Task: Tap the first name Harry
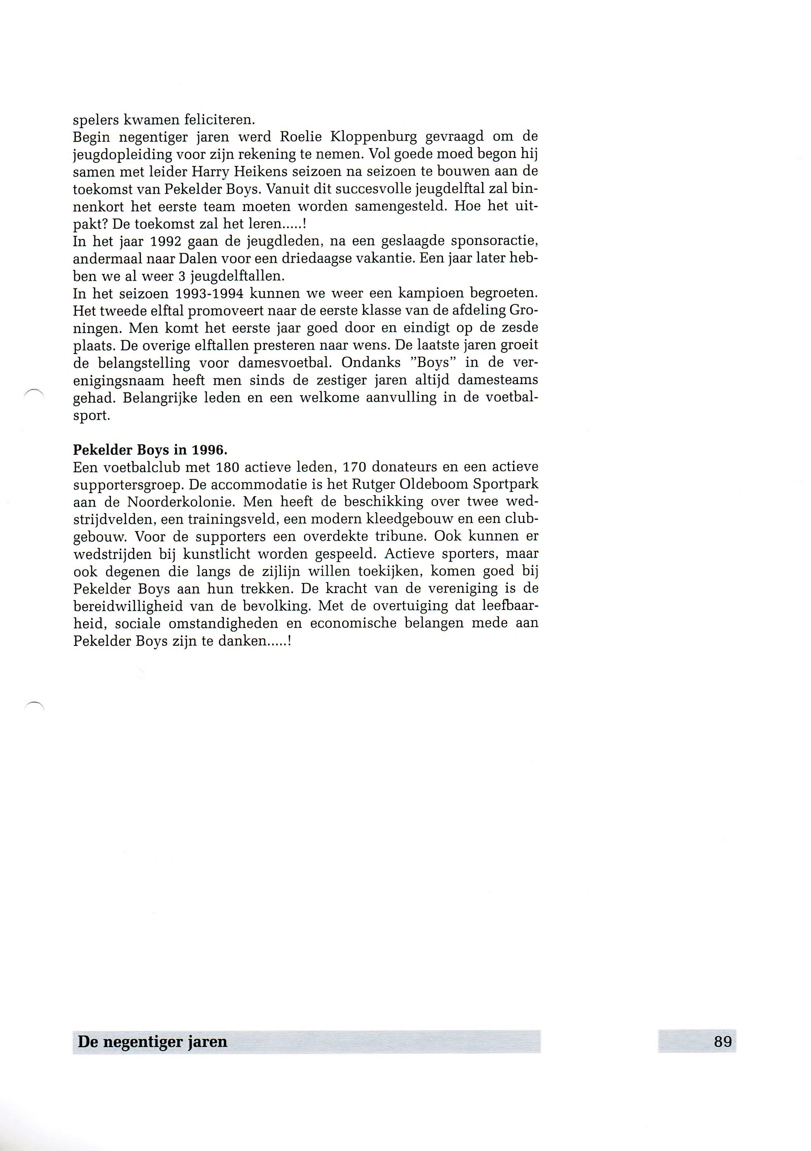pos(209,172)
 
